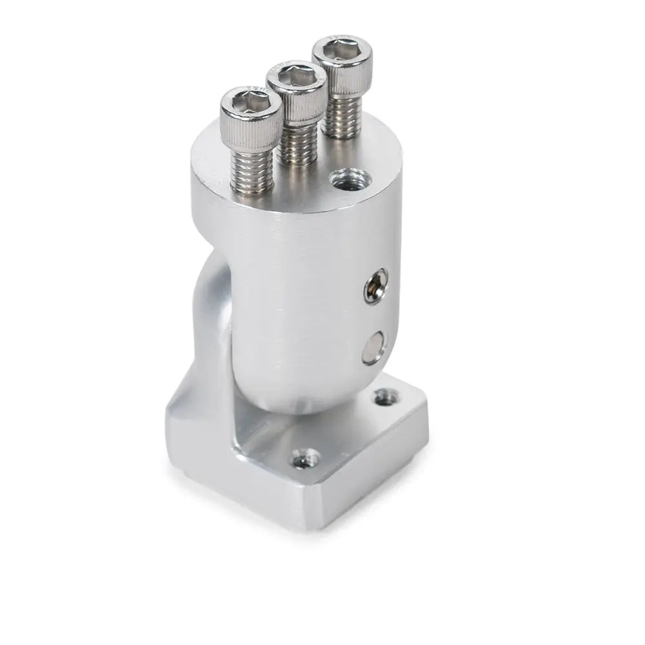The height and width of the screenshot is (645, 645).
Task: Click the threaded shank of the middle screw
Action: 296,146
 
